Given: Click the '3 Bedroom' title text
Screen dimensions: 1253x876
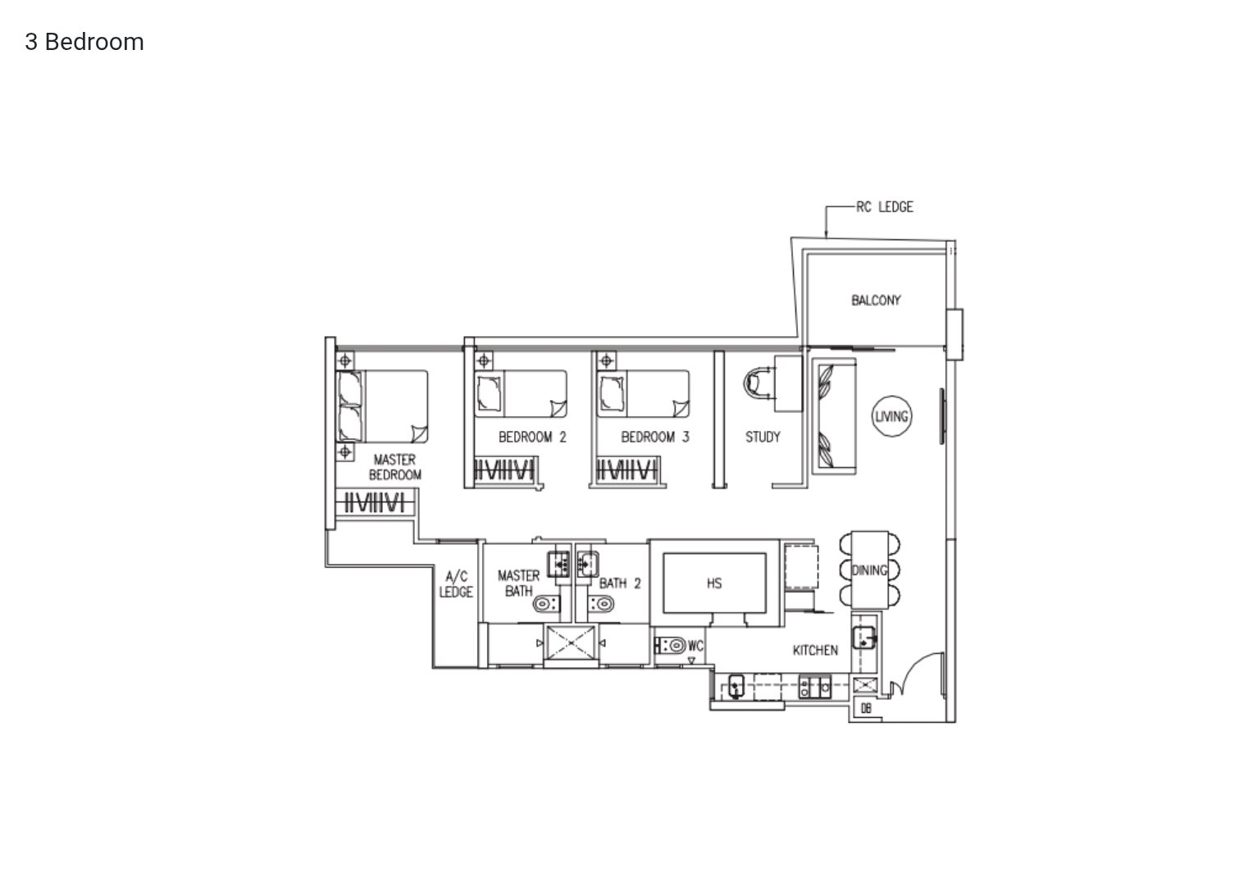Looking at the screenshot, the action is [x=84, y=42].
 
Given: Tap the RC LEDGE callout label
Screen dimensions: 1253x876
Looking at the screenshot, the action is [x=884, y=207].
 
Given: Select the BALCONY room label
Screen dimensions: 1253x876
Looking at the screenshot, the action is [x=876, y=300].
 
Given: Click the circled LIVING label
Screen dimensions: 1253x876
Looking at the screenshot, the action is [x=891, y=416].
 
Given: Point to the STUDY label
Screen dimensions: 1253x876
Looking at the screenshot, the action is [x=763, y=437].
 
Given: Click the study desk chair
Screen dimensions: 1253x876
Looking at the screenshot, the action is [x=759, y=384].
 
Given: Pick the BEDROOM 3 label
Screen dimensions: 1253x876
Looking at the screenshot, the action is [x=655, y=437].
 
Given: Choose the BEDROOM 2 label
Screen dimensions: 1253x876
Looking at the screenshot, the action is [x=532, y=437].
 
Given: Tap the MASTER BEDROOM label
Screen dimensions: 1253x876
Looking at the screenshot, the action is [x=395, y=467].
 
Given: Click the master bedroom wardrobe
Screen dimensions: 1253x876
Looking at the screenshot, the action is [x=375, y=502].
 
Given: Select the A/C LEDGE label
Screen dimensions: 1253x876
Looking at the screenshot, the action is [x=456, y=584].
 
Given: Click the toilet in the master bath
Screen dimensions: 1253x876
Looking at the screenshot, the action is [x=545, y=604].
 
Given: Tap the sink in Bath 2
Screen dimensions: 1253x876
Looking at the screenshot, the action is [x=587, y=563].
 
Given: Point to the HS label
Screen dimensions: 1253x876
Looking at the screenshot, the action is [x=713, y=583].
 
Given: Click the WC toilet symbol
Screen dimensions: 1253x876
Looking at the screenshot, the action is [x=670, y=645].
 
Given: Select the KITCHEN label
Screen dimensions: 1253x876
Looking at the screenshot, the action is [x=815, y=650].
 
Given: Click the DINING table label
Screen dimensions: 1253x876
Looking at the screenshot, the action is [x=869, y=570].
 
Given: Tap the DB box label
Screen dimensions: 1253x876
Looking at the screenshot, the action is [x=866, y=708].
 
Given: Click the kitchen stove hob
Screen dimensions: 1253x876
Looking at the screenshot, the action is [x=814, y=688].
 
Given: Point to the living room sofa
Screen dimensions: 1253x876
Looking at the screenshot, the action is [x=834, y=416].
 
